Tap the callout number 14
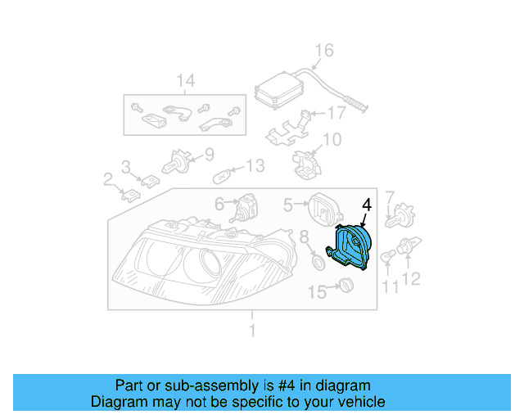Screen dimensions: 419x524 click(x=186, y=81)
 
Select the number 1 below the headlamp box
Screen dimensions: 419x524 click(x=252, y=330)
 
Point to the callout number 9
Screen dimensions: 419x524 click(x=208, y=152)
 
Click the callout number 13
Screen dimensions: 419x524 click(x=255, y=166)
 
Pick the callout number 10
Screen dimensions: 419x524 click(x=331, y=141)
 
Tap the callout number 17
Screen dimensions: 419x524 click(x=338, y=113)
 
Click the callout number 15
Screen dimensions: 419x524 click(x=317, y=290)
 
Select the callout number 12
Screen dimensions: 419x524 click(x=410, y=279)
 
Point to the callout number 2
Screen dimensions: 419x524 click(x=107, y=179)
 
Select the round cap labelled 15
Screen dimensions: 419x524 click(x=344, y=286)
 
